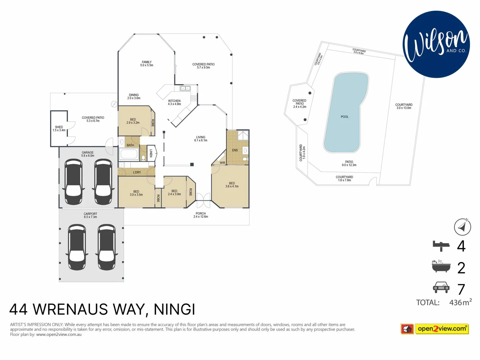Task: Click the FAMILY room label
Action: pyautogui.click(x=147, y=64)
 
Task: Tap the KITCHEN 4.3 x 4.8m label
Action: pyautogui.click(x=174, y=102)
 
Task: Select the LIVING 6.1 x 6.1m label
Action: pyautogui.click(x=201, y=139)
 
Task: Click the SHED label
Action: pyautogui.click(x=59, y=129)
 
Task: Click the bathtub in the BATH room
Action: pyautogui.click(x=129, y=155)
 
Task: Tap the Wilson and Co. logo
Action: pyautogui.click(x=436, y=44)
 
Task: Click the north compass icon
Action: pyautogui.click(x=462, y=227)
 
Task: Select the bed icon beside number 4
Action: pyautogui.click(x=441, y=246)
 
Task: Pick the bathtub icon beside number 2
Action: pyautogui.click(x=441, y=266)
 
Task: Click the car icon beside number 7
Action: pyautogui.click(x=441, y=287)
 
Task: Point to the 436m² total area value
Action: pyautogui.click(x=460, y=302)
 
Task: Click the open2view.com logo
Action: pyautogui.click(x=435, y=329)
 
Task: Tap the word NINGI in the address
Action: pyautogui.click(x=174, y=309)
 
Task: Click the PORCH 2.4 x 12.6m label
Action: pyautogui.click(x=201, y=215)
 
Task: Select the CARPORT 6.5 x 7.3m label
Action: pyautogui.click(x=90, y=215)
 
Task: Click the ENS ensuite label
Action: pyautogui.click(x=235, y=150)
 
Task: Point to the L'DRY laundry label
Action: pyautogui.click(x=137, y=172)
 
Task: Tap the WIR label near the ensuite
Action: pyautogui.click(x=222, y=163)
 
